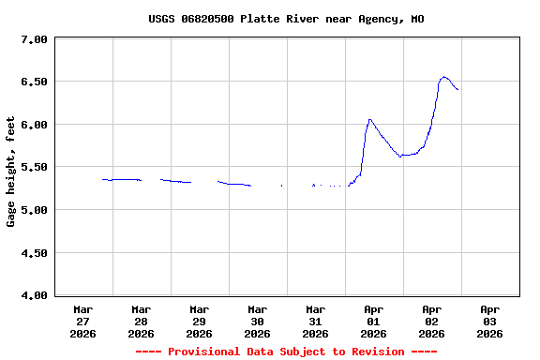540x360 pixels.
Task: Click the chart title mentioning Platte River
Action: (286, 19)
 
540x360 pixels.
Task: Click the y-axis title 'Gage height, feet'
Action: (11, 172)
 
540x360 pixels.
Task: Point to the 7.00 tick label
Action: (34, 39)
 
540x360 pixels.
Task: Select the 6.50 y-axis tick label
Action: (34, 82)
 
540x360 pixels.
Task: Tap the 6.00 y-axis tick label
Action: (34, 125)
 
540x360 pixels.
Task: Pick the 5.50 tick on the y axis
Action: (34, 167)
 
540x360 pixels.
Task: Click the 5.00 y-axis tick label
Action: (34, 210)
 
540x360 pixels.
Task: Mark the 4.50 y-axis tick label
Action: (34, 253)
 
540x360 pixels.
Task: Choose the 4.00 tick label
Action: (34, 295)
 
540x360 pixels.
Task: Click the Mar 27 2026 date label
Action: (83, 321)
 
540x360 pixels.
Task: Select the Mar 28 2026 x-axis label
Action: (142, 321)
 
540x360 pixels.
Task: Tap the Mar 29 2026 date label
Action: (200, 321)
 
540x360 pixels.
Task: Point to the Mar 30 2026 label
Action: (258, 321)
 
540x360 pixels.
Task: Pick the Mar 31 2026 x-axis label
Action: (316, 321)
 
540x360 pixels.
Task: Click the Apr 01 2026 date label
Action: (374, 321)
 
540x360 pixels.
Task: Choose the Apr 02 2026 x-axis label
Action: (432, 321)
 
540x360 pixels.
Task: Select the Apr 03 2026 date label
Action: (490, 321)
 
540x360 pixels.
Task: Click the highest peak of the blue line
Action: (444, 77)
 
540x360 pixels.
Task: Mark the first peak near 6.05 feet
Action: (370, 119)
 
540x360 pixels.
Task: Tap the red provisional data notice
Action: (286, 352)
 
